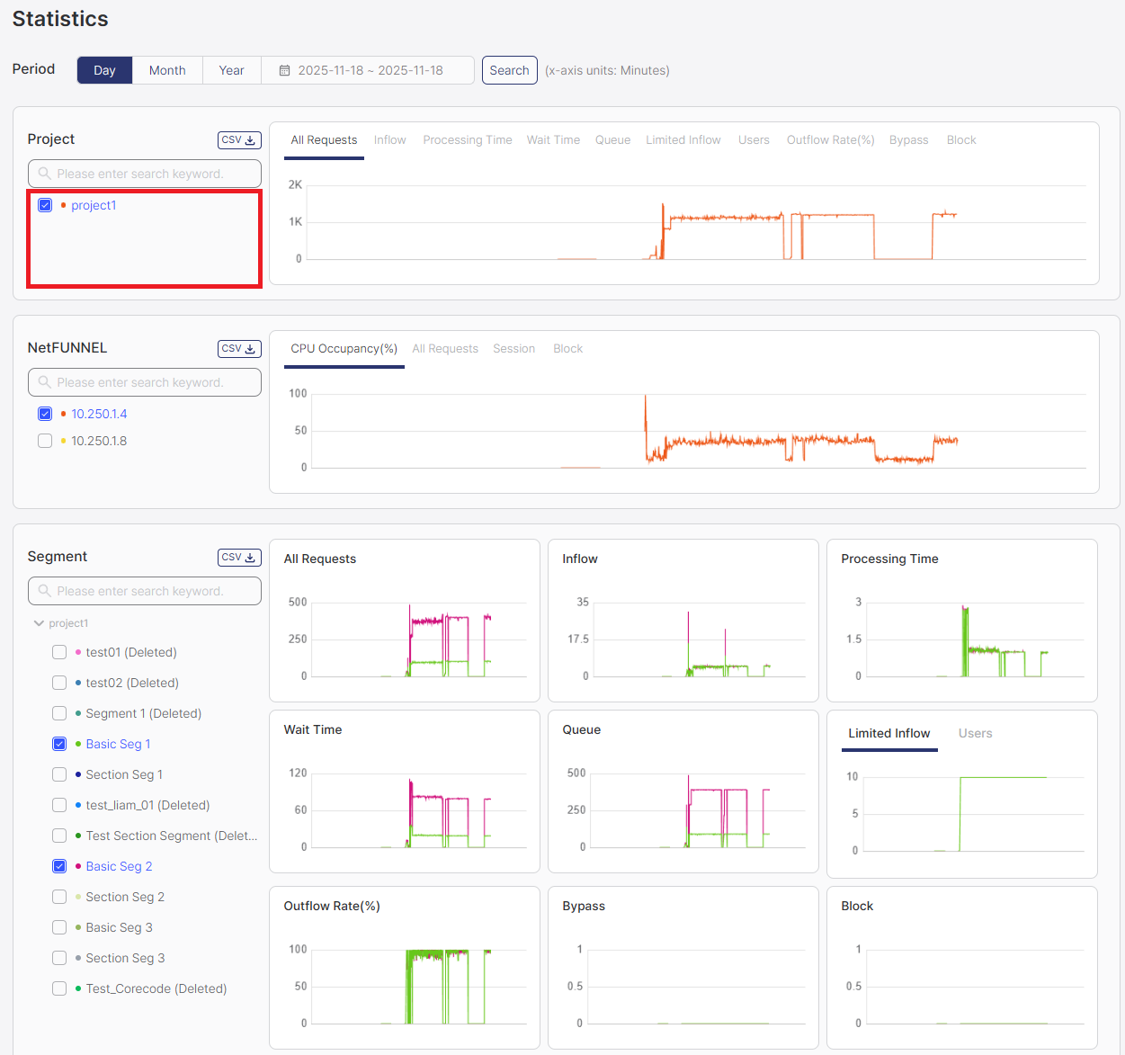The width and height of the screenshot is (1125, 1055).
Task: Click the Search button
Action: (509, 70)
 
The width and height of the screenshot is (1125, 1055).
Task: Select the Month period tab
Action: (167, 70)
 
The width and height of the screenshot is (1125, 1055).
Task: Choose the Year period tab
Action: (231, 70)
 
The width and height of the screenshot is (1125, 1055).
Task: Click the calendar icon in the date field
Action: (284, 70)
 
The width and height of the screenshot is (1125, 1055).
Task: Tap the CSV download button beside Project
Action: (239, 140)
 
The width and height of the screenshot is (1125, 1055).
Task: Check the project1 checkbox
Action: (45, 205)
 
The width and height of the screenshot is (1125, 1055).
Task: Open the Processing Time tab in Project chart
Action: (467, 140)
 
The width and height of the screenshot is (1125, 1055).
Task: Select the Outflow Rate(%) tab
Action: (830, 140)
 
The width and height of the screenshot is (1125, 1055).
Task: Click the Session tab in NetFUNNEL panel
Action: (513, 349)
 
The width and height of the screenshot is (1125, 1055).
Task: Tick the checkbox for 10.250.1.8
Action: (45, 441)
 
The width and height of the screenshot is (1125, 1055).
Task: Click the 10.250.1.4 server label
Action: (99, 414)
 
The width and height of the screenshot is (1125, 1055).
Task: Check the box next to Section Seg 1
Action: (59, 774)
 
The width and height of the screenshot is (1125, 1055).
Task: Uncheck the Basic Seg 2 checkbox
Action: (59, 866)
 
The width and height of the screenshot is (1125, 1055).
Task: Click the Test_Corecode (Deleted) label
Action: (156, 988)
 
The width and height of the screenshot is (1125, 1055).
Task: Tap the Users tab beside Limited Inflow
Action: (975, 734)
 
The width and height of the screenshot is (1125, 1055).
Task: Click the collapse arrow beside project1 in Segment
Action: (39, 623)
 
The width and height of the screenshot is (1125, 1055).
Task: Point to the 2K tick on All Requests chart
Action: (295, 185)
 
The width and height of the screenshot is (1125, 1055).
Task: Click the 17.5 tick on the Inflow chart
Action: (578, 639)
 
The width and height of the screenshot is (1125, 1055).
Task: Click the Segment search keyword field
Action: (144, 591)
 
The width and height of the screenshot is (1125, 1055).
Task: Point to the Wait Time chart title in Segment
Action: (313, 730)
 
